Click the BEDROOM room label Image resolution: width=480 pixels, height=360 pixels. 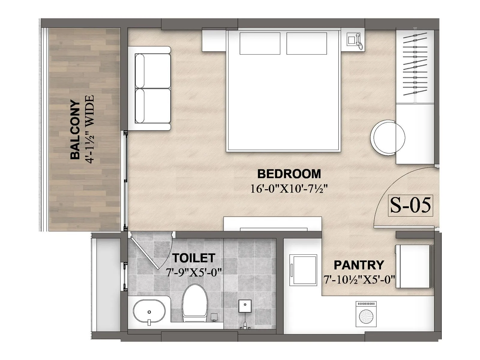coord(289,174)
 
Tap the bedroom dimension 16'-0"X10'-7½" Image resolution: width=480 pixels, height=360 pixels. coord(289,189)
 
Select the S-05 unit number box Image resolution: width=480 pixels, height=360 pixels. coord(410,205)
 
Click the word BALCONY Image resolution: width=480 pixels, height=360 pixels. coord(75,130)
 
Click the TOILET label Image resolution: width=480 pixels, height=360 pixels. coord(193,258)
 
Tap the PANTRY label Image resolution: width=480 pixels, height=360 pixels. coord(359,265)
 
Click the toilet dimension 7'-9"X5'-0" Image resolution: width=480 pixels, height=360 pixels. coord(193,272)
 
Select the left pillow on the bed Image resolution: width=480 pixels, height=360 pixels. coord(260,43)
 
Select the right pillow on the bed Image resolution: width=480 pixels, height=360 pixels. coord(307,43)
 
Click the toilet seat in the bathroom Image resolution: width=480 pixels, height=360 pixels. coord(195,301)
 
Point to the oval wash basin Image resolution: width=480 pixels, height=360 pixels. coord(149,311)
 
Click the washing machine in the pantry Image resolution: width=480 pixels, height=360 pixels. coord(366,314)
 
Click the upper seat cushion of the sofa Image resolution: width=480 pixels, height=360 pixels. coord(153,71)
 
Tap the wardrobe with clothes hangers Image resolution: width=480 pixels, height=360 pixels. coord(415,66)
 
